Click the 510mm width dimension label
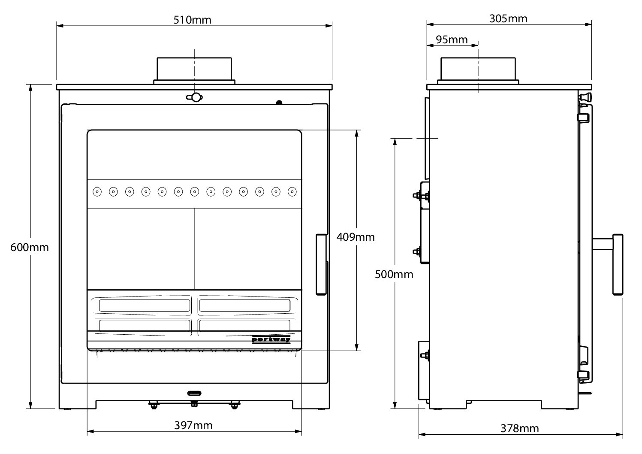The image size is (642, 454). tap(193, 20)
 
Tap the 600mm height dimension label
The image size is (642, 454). tap(30, 248)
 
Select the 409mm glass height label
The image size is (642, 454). tap(356, 236)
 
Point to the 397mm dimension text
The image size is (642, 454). tap(193, 425)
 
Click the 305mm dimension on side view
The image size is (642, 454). tap(508, 18)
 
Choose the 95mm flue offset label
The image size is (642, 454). tap(452, 39)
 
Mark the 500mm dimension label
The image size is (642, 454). tap(394, 274)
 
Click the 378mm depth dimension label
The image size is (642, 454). tap(519, 428)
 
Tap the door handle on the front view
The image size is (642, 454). tap(321, 264)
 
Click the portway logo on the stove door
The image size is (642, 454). tap(271, 339)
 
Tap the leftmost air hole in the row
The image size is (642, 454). tap(97, 191)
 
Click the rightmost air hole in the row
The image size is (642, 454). tap(292, 191)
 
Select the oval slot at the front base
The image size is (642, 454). tap(194, 393)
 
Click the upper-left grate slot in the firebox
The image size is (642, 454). tap(145, 305)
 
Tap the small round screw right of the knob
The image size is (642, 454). tap(279, 102)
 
